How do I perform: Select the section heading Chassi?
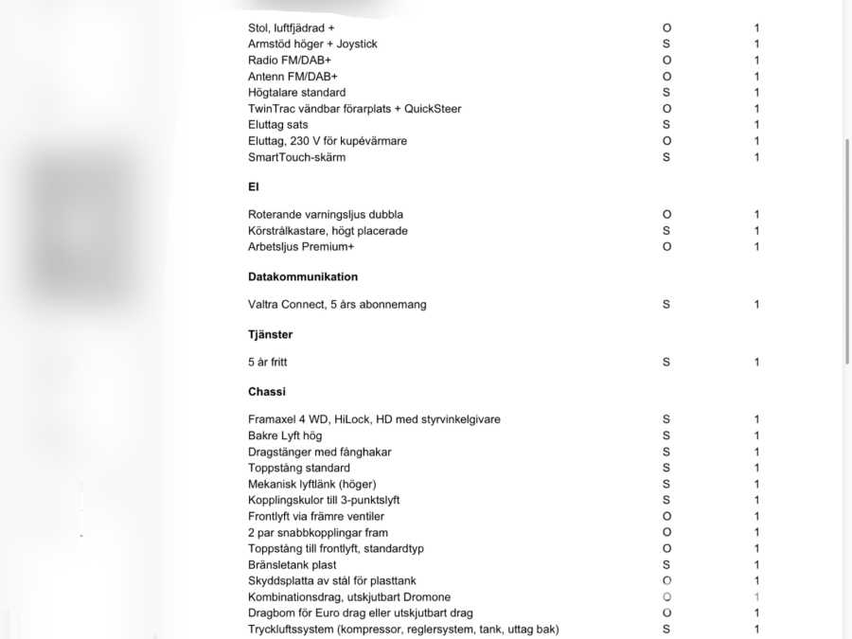(x=266, y=392)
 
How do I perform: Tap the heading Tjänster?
(x=270, y=335)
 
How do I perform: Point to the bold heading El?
(x=254, y=187)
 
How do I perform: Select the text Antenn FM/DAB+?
(x=293, y=77)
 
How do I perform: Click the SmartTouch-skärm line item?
(x=296, y=157)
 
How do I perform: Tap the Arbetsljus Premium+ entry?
(x=301, y=247)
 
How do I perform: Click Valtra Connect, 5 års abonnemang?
(x=337, y=305)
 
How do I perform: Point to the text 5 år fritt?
(x=267, y=363)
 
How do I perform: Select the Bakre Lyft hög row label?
(x=285, y=435)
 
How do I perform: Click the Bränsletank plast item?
(x=292, y=565)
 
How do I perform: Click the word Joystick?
(x=355, y=44)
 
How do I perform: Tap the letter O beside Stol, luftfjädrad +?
(x=666, y=28)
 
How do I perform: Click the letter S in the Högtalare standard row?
(x=666, y=93)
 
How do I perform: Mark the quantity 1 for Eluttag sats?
(x=756, y=125)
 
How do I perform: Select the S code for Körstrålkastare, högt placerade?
(x=666, y=231)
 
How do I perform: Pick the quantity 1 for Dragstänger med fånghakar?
(x=756, y=452)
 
